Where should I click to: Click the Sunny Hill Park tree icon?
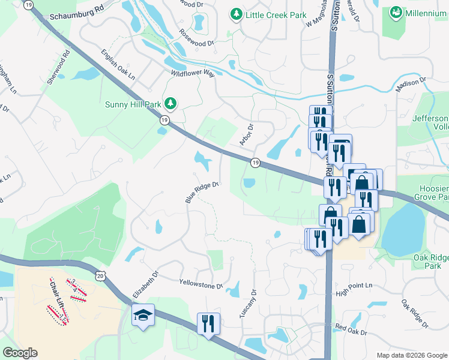pyautogui.click(x=171, y=104)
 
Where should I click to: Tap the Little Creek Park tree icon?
pyautogui.click(x=237, y=13)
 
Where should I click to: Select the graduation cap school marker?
pyautogui.click(x=143, y=314)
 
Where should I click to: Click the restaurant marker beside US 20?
pyautogui.click(x=208, y=323)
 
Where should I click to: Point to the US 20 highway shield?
pyautogui.click(x=100, y=275)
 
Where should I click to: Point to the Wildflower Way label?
pyautogui.click(x=193, y=73)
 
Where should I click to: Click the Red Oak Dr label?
pyautogui.click(x=351, y=328)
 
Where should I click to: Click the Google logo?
pyautogui.click(x=20, y=353)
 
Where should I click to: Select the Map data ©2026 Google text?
pyautogui.click(x=411, y=355)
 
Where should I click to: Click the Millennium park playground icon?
pyautogui.click(x=396, y=12)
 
